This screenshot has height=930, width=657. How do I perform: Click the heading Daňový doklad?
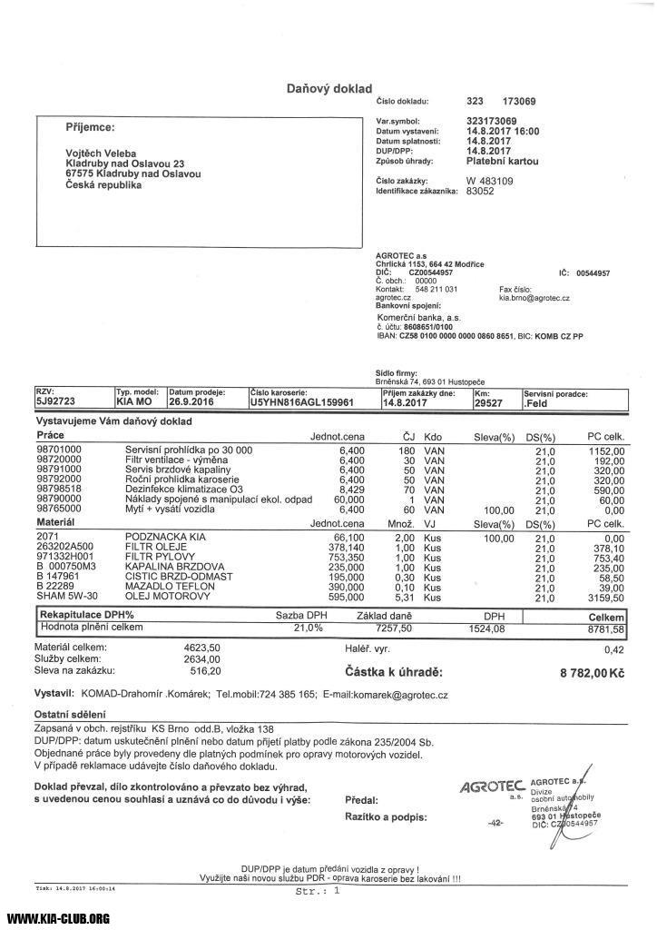pos(329,88)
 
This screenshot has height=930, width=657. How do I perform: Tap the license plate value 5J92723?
pos(56,401)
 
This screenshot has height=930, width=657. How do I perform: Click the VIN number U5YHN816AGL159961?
pos(301,401)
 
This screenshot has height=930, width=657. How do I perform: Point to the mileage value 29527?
pos(488,401)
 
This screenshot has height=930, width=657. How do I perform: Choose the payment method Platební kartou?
pos(502,161)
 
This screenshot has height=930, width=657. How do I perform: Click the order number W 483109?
pos(490,181)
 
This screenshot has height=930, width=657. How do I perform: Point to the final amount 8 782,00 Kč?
pos(593,673)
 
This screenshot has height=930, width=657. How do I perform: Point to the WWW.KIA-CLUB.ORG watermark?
pos(59,918)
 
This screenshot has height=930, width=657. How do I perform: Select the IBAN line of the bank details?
pos(479,336)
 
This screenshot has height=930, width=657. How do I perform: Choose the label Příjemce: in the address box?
pos(90,126)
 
